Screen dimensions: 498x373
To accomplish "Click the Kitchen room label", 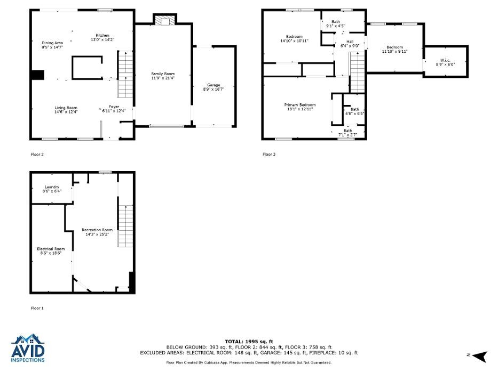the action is [x=102, y=35].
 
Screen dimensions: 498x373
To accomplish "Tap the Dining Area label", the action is [x=52, y=43].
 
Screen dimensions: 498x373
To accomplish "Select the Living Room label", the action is [x=66, y=108].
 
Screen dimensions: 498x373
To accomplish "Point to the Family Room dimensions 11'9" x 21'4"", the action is [x=163, y=78].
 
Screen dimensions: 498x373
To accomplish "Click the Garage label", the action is [x=214, y=85].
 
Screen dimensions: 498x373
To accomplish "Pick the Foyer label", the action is [x=114, y=107].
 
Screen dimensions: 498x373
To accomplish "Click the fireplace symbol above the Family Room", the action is [x=165, y=21].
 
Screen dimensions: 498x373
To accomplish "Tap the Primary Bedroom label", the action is [x=300, y=105].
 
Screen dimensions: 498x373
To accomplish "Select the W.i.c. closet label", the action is [x=445, y=60].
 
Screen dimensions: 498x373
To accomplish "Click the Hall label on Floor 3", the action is [x=350, y=42].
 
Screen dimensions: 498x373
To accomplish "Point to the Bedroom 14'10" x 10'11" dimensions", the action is [x=295, y=41].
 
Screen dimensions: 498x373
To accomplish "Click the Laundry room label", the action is [x=52, y=187].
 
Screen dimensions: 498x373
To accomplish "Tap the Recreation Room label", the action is [x=97, y=230].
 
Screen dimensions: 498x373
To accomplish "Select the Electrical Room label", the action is [x=51, y=249].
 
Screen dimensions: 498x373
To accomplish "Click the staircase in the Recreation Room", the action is [x=125, y=226].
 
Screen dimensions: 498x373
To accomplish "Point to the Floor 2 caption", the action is [x=37, y=155].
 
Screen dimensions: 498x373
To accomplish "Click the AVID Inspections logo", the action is [x=28, y=348].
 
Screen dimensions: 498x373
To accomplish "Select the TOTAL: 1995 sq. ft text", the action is [x=249, y=342].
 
